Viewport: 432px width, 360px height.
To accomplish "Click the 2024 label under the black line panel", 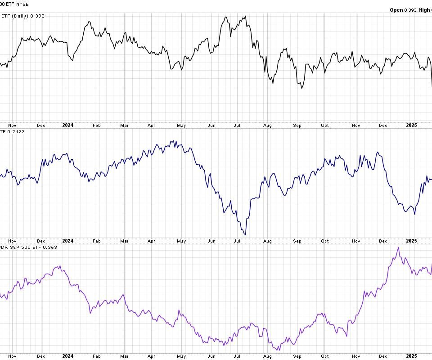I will point(68,125).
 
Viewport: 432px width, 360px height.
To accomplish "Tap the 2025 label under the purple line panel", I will point(412,356).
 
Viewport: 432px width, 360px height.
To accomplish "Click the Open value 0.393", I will point(410,10).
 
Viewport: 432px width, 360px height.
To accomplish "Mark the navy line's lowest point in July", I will point(245,234).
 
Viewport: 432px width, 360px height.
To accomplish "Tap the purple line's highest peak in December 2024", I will point(398,247).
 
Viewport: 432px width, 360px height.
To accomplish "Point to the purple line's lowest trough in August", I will point(279,350).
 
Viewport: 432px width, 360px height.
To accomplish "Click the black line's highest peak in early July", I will point(246,17).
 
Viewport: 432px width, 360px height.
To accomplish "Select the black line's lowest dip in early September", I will point(301,88).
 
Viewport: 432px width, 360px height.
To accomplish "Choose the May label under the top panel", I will point(181,126).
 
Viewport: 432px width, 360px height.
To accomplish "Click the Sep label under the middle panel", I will point(297,241).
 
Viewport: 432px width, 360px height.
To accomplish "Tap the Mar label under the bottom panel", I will point(125,356).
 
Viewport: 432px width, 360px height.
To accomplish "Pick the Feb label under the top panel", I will point(96,126).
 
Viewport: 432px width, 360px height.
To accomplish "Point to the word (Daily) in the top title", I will point(20,16).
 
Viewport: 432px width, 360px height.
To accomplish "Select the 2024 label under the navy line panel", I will point(68,241).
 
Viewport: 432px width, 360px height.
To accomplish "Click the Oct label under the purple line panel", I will point(325,356).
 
